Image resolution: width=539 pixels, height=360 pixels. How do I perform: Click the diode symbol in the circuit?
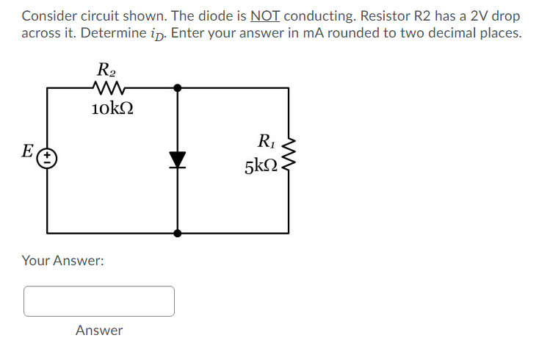click(177, 159)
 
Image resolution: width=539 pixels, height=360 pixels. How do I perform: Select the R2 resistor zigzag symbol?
click(111, 88)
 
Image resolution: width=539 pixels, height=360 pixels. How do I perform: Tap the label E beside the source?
click(27, 152)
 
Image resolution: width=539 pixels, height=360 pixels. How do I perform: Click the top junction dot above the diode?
click(177, 87)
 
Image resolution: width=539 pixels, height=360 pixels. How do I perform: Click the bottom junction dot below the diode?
click(177, 234)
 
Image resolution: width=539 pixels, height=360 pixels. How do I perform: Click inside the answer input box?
click(99, 301)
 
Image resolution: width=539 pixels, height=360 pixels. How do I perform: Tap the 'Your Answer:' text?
click(62, 260)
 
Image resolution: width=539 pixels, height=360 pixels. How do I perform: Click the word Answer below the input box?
click(99, 331)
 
